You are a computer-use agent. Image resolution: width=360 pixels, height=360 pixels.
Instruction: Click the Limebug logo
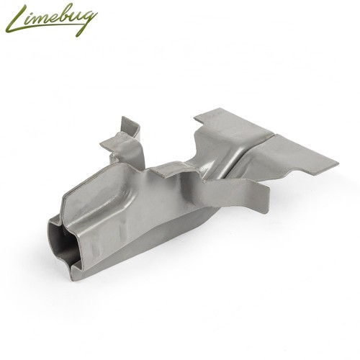[x=51, y=20]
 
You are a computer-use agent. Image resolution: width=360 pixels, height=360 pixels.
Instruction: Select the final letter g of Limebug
[x=87, y=22]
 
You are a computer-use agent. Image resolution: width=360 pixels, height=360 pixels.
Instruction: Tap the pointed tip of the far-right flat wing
[x=338, y=163]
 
